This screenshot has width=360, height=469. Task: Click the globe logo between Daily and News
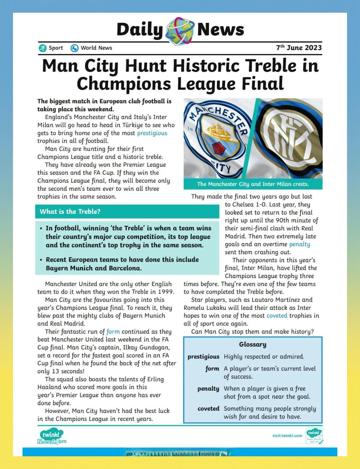(180, 30)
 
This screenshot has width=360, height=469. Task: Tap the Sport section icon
(42, 48)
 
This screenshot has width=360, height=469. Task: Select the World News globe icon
(75, 48)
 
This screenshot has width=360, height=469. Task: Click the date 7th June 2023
(299, 48)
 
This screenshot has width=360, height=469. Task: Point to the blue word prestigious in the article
(152, 133)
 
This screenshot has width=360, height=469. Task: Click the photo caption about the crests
(253, 184)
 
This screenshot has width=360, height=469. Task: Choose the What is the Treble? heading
(70, 212)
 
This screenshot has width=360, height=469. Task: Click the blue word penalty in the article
(299, 244)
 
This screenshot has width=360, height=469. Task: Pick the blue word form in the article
(113, 332)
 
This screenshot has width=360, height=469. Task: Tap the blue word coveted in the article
(277, 316)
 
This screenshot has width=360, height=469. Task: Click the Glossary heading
(252, 345)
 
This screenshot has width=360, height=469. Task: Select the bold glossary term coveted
(208, 409)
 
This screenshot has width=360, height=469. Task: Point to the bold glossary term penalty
(208, 389)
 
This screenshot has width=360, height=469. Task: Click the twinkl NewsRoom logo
(52, 437)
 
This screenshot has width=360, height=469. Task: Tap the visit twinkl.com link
(287, 436)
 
